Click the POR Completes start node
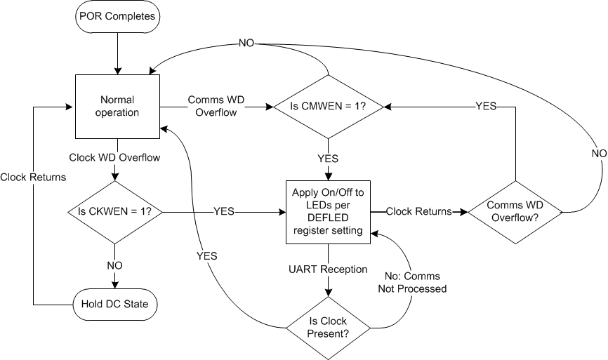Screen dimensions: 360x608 click(x=117, y=17)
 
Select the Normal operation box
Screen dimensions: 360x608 click(x=117, y=107)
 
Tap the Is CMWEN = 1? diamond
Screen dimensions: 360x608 click(x=328, y=107)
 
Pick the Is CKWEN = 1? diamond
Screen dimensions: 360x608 click(x=115, y=211)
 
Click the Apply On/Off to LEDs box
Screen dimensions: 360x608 click(x=328, y=211)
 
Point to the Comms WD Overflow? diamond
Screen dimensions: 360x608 click(x=515, y=211)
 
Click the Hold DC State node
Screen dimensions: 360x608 click(x=115, y=305)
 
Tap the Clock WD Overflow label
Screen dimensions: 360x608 click(x=114, y=157)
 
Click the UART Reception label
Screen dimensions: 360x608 click(x=328, y=269)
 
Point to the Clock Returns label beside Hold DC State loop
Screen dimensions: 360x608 click(x=33, y=177)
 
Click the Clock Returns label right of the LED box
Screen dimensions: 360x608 click(x=418, y=211)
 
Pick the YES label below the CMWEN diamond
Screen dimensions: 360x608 click(x=328, y=159)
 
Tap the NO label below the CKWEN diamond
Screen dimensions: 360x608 click(x=114, y=266)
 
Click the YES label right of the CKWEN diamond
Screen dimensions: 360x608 click(x=223, y=211)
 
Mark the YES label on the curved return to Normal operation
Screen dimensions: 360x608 click(x=206, y=256)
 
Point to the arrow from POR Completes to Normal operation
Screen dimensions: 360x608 click(x=117, y=51)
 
